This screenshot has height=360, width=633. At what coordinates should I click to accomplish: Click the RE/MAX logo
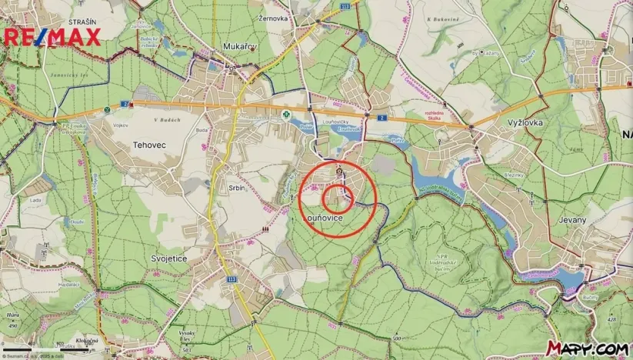click(x=52, y=38)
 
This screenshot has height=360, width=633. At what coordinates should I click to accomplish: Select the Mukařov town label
click(x=240, y=47)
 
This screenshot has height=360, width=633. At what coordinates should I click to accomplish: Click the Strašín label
click(x=82, y=22)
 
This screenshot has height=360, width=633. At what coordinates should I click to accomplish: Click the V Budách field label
click(x=166, y=120)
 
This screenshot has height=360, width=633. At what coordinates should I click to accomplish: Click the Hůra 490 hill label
click(x=12, y=318)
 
